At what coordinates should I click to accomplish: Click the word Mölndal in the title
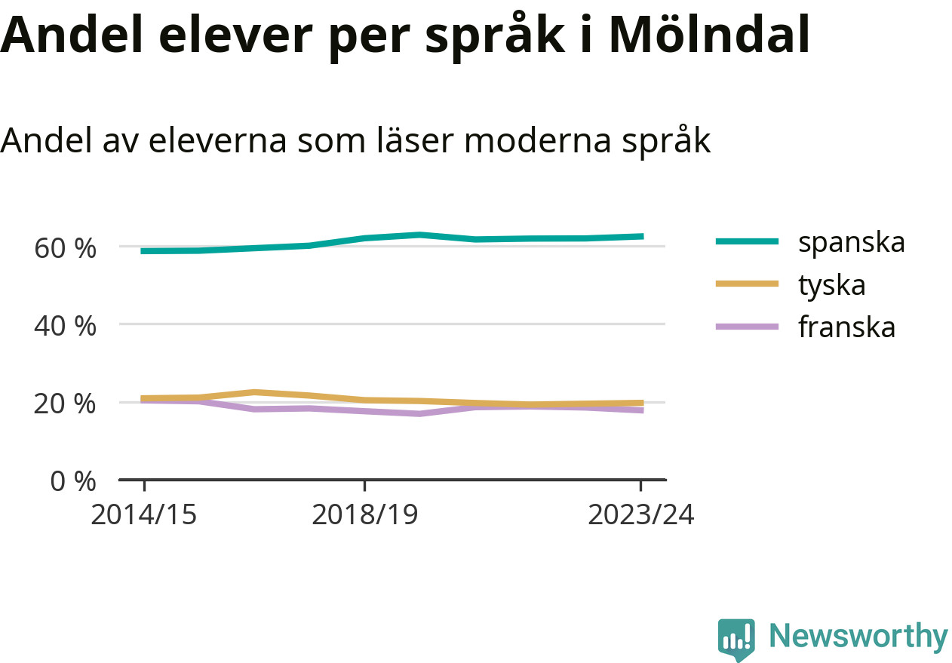709,35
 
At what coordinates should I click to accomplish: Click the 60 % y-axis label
66,247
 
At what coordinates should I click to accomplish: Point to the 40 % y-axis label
66,326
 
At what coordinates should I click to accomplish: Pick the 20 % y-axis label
66,404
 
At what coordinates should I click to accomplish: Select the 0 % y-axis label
73,481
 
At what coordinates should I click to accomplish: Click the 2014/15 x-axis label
143,515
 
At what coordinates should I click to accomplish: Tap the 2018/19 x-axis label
364,515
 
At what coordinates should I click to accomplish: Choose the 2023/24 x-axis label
640,515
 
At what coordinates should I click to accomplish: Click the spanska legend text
852,242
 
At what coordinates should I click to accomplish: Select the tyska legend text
832,284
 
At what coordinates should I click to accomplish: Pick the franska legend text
847,327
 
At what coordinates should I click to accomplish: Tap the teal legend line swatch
746,241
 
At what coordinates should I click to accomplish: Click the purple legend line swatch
746,327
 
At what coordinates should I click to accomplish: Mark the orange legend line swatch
746,284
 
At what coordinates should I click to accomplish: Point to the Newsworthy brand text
858,637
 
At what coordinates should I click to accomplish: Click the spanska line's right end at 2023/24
641,236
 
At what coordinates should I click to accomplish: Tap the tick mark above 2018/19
364,485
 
